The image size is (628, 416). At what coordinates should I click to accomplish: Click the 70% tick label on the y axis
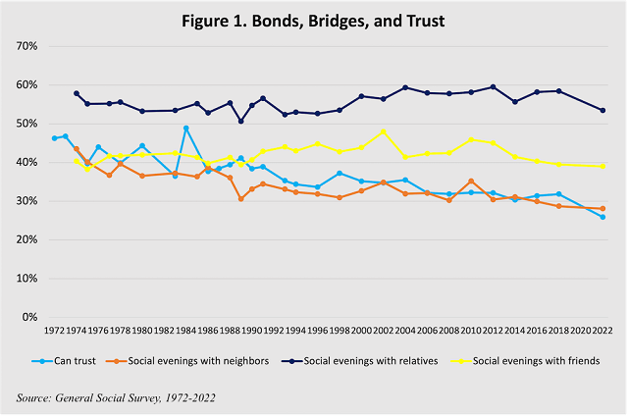23,46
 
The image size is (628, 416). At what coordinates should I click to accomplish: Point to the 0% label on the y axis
26,317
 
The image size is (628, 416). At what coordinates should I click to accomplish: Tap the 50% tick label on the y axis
23,124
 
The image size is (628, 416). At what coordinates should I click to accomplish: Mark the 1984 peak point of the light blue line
186,129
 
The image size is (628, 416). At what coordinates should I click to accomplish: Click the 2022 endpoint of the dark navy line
602,110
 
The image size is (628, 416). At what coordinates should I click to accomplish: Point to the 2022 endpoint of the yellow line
602,166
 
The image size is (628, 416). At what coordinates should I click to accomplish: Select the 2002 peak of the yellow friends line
383,131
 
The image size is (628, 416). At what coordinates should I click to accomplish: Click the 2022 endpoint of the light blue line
602,217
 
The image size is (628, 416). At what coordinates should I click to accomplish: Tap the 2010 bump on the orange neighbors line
471,181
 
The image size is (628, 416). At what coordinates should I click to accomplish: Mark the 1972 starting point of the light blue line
54,138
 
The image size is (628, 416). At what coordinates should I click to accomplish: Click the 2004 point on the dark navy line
405,87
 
